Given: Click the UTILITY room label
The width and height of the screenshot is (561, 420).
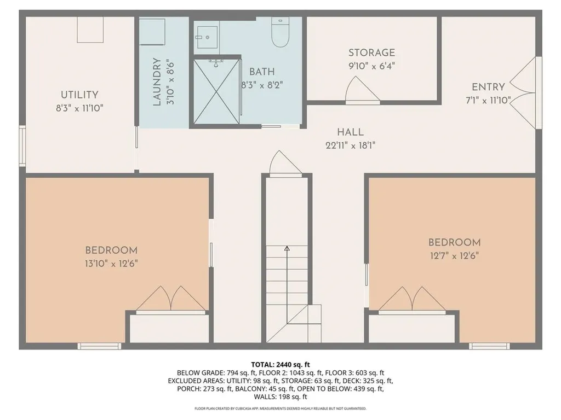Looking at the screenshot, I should tap(79, 95).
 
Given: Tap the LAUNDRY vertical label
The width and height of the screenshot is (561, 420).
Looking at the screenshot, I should tap(157, 81).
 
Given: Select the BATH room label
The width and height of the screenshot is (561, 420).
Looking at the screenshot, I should tap(262, 72).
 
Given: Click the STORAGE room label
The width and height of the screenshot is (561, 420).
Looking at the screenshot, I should tap(371, 53).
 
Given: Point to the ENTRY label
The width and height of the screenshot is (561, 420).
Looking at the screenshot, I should tap(488, 87).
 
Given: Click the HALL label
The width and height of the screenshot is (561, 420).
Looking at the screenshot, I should tap(350, 132).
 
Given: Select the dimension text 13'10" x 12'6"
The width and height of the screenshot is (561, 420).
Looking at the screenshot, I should tap(111, 263).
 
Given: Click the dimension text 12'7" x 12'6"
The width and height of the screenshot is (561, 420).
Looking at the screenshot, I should tap(454, 255).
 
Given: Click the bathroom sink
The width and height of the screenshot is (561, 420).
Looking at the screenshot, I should tap(207, 33).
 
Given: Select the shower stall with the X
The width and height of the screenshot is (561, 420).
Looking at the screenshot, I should tap(216, 91).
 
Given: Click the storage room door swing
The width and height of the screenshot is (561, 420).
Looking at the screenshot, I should tap(362, 90).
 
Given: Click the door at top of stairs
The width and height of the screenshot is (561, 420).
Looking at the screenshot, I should tap(285, 164).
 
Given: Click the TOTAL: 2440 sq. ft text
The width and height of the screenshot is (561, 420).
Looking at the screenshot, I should tap(280, 364).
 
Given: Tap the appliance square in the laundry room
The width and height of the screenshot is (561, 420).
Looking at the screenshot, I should tap(152, 32).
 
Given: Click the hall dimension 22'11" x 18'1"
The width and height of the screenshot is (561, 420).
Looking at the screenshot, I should tap(351, 145).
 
